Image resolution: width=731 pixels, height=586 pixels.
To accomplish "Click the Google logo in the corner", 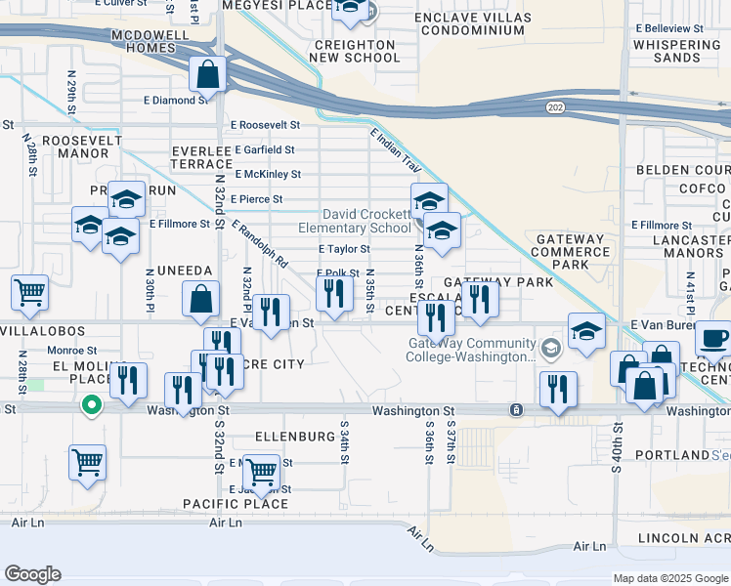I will [32, 574].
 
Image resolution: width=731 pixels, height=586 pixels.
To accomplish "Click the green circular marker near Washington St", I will [90, 402].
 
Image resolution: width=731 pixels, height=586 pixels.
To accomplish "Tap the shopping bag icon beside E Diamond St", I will [208, 73].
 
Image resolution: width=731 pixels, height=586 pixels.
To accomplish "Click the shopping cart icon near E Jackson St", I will [261, 472].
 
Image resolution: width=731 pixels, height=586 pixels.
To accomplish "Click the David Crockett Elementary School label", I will [367, 221].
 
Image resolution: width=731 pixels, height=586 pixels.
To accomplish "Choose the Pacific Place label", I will [236, 504].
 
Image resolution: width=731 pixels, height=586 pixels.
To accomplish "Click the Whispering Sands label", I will [677, 51].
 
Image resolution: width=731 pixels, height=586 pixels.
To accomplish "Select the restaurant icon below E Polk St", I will [335, 292].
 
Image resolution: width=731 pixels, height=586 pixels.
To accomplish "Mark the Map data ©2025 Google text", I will [669, 578].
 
